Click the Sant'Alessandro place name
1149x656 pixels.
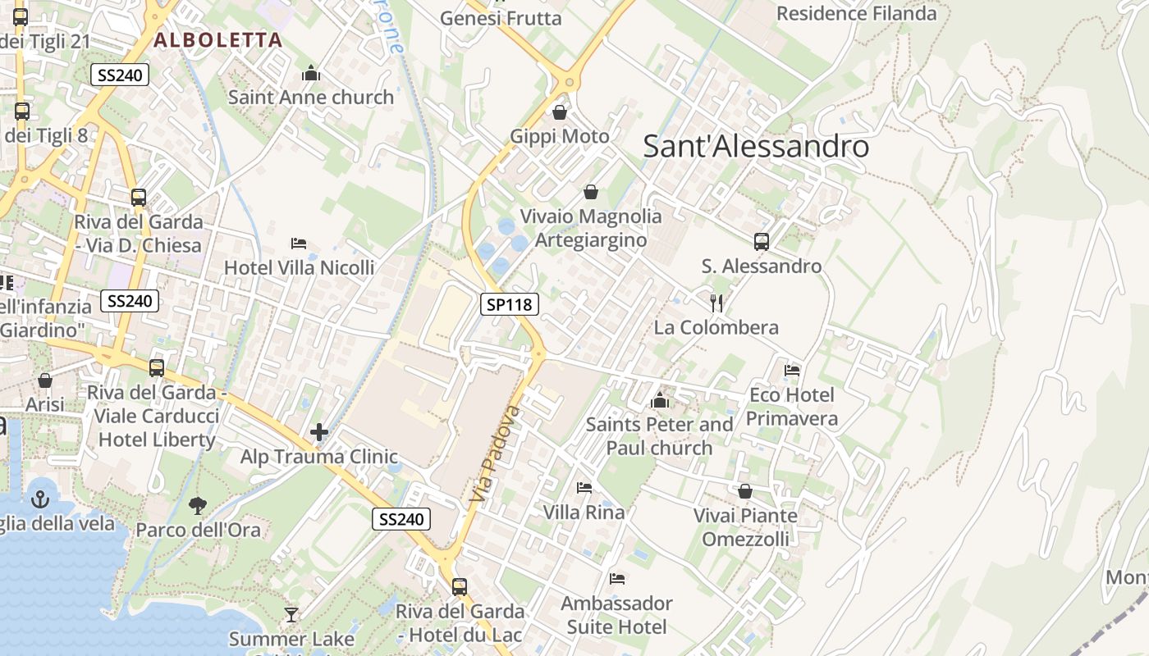tap(755, 147)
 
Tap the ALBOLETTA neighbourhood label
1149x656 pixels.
tap(217, 40)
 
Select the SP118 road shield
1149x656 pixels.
tap(509, 305)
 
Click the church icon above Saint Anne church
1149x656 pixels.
tap(310, 74)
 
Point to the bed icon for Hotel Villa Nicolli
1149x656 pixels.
tap(299, 244)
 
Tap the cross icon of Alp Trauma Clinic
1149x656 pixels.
tap(319, 432)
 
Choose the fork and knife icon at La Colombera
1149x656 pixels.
tap(716, 303)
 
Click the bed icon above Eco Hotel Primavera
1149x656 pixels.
tap(792, 371)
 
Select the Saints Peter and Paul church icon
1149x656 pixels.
tap(659, 401)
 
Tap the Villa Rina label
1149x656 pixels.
tap(584, 512)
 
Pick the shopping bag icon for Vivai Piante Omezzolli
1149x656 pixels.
tap(745, 491)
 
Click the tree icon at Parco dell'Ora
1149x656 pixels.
tap(197, 505)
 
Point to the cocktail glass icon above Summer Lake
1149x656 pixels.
tap(291, 614)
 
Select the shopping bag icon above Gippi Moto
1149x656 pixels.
tap(560, 112)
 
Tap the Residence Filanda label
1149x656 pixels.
tap(856, 14)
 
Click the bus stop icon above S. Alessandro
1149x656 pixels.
tap(762, 242)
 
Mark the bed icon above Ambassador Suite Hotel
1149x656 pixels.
tap(617, 579)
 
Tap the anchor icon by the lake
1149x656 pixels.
tap(39, 498)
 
